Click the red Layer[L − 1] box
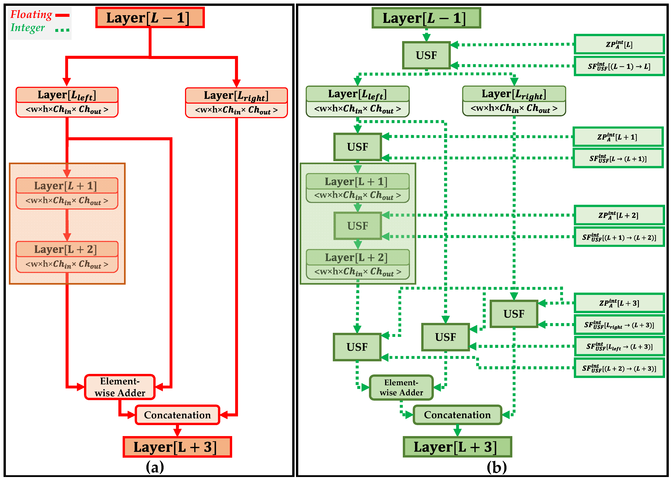point(150,18)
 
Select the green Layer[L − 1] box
point(426,18)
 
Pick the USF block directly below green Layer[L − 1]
point(426,55)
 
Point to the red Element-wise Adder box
point(120,387)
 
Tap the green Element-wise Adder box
point(401,388)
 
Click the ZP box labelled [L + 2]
point(619,215)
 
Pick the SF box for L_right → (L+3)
point(619,325)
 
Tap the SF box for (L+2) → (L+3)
point(619,368)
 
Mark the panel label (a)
point(155,467)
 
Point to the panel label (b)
point(497,467)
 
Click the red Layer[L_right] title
point(236,95)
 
